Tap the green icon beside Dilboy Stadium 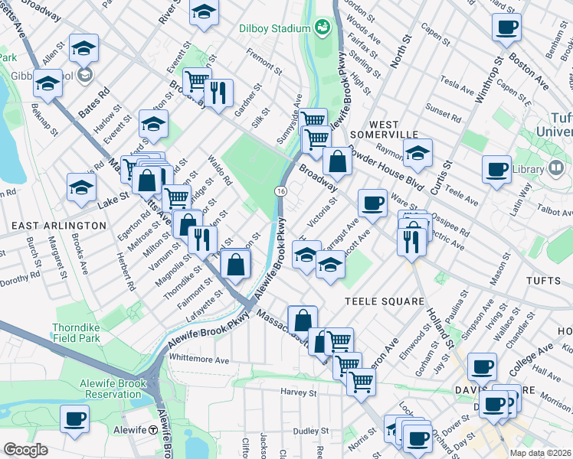tap(323, 28)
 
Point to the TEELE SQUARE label tap(384, 301)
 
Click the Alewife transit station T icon tap(153, 430)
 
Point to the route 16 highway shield tap(282, 190)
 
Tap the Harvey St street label tap(298, 392)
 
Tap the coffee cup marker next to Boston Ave tap(507, 28)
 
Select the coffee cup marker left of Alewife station tap(75, 418)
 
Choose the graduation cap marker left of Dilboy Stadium tap(204, 11)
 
